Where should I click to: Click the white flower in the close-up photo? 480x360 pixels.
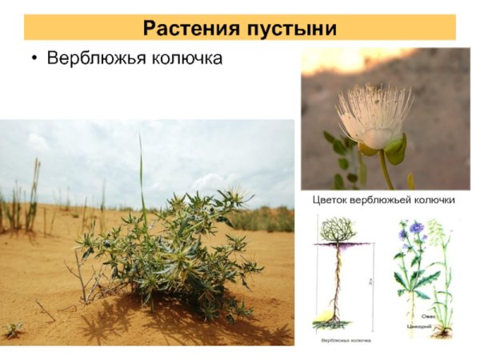click(x=374, y=115)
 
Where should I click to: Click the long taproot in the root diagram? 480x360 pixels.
click(x=337, y=280)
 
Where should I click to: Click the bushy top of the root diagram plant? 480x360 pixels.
click(x=337, y=229)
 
